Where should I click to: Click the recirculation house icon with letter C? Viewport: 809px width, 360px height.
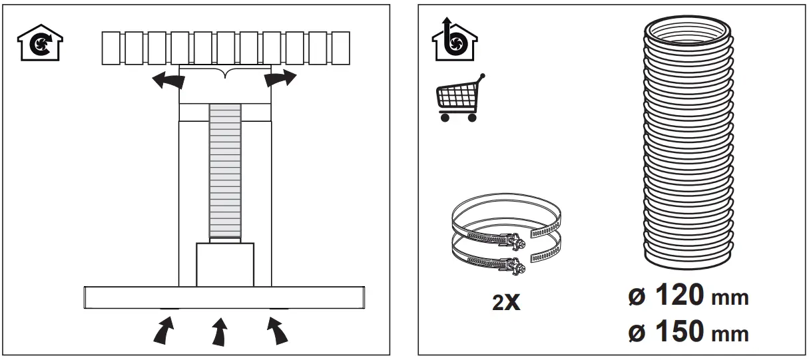pos(39,44)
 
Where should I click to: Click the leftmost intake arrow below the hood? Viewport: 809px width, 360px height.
pos(164,330)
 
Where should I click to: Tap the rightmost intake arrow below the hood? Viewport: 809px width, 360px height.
pos(278,331)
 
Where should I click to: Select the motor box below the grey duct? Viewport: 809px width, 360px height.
pos(225,265)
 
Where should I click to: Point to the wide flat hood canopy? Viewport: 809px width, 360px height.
pos(225,297)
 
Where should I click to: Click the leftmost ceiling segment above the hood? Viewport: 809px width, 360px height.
pos(111,49)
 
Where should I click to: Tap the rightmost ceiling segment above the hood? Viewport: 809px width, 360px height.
pos(340,49)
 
